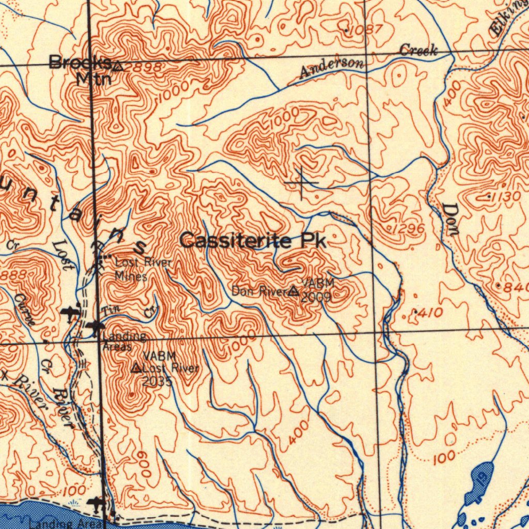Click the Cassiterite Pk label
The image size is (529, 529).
253,241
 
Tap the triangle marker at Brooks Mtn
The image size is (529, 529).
118,66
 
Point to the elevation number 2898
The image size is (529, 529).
142,68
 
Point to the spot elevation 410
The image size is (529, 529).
428,313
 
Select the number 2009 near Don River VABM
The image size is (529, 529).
316,298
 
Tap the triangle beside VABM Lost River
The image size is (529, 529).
136,368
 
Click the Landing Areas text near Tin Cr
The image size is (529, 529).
123,341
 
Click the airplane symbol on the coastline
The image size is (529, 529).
97,502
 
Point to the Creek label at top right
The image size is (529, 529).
418,51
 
